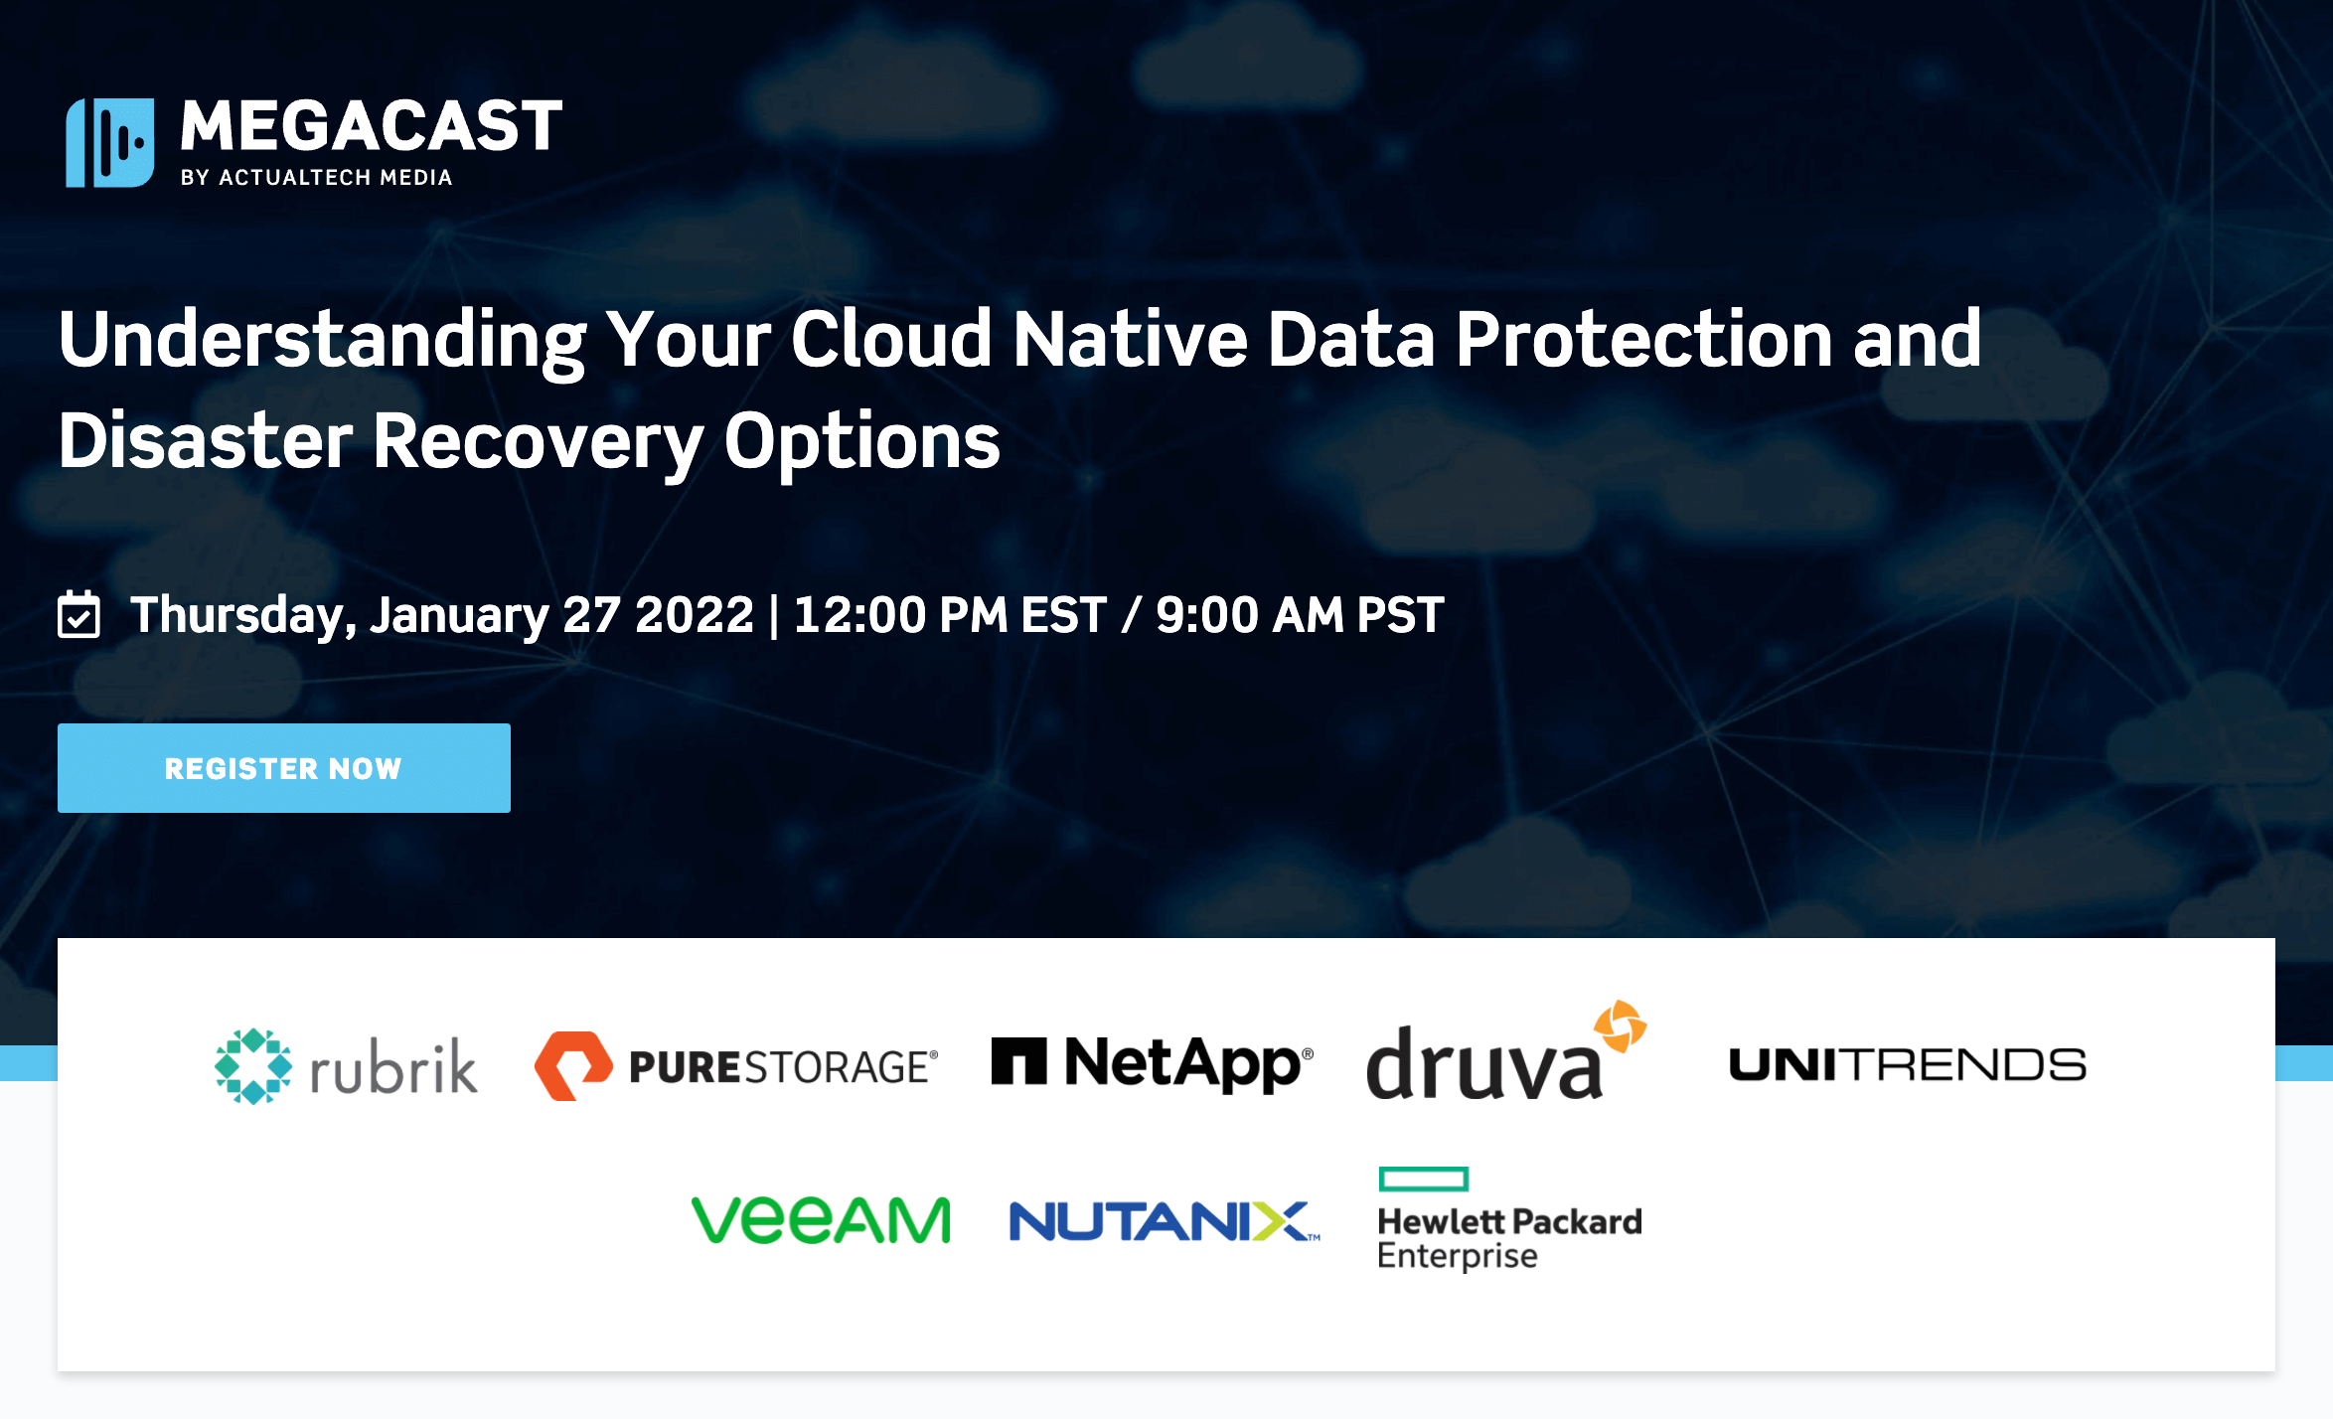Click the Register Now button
click(283, 768)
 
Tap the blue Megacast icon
click(110, 142)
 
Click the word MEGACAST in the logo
click(371, 126)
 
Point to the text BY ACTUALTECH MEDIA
click(316, 178)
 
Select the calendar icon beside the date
click(78, 614)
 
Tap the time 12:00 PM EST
click(950, 615)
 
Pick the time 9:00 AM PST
click(1300, 615)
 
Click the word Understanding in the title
click(322, 340)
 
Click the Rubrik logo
click(346, 1066)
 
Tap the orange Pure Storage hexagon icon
click(573, 1065)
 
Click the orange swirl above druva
click(1620, 1025)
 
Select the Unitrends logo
click(1907, 1065)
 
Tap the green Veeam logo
click(821, 1220)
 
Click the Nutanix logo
click(1164, 1221)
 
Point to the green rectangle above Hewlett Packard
click(1424, 1179)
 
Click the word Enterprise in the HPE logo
click(1457, 1256)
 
